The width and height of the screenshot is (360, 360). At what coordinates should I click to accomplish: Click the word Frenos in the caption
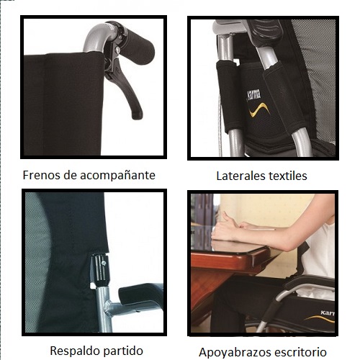(x=42, y=175)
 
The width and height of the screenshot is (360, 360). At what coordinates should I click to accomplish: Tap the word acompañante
(x=118, y=176)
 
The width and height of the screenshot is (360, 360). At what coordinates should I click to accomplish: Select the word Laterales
(x=240, y=176)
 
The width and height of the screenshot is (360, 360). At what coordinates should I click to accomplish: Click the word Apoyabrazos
(x=235, y=353)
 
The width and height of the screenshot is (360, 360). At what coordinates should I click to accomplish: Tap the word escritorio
(x=300, y=352)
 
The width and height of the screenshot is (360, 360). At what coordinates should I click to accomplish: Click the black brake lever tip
(x=138, y=116)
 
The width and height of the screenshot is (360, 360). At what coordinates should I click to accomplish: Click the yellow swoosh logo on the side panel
(x=259, y=109)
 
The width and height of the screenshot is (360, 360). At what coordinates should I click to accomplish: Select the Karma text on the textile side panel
(x=253, y=95)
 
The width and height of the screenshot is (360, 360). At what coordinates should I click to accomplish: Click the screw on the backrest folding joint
(x=104, y=264)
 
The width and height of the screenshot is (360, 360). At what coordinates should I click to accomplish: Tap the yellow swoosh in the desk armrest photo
(x=320, y=319)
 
